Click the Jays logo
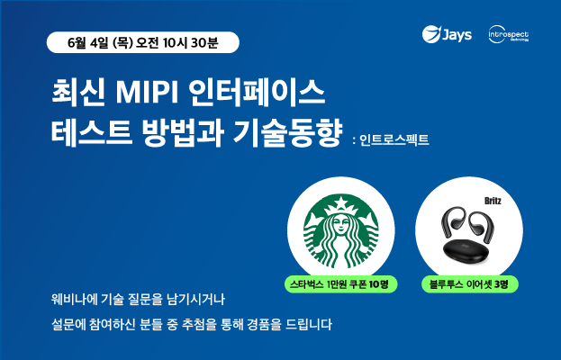[x=447, y=34]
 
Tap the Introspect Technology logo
[x=509, y=34]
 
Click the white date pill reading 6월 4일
[x=143, y=42]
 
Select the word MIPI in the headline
[x=147, y=94]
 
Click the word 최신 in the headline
[x=78, y=94]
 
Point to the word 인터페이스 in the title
[x=257, y=94]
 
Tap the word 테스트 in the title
[x=92, y=132]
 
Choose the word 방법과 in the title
[x=183, y=132]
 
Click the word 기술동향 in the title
[x=287, y=132]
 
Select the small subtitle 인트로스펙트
[x=394, y=139]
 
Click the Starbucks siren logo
[x=341, y=231]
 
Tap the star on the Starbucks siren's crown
[x=341, y=203]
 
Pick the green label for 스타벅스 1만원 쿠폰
[x=341, y=284]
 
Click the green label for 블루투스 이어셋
[x=469, y=284]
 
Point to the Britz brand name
[x=493, y=201]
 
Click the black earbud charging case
[x=469, y=250]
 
